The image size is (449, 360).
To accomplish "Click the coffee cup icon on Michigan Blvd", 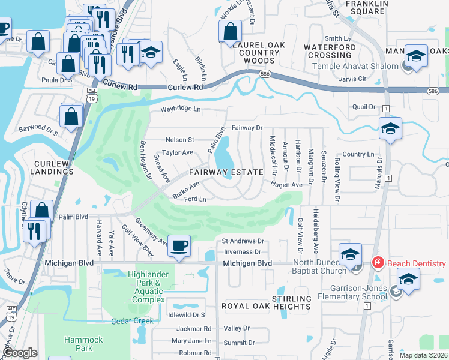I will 179,246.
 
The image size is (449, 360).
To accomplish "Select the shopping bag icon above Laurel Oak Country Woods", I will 230,32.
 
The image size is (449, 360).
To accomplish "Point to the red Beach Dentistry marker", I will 378,263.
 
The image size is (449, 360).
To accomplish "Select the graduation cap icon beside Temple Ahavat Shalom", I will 416,56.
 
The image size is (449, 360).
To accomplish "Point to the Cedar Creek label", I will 132,321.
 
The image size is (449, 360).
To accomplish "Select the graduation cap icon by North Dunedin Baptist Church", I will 350,254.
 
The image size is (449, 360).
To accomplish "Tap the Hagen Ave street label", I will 286,185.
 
